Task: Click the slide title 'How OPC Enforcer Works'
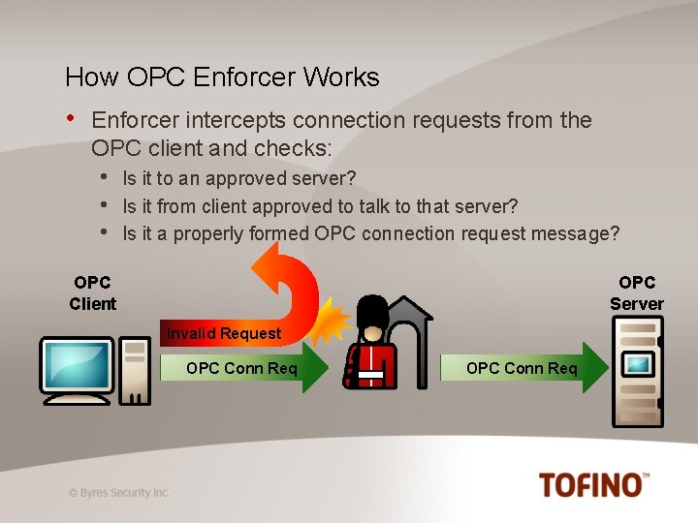point(222,77)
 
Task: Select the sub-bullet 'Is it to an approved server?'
point(238,178)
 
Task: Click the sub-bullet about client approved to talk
point(320,206)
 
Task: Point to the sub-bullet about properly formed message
point(370,233)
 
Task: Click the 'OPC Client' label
point(92,292)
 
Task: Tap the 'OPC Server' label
point(636,292)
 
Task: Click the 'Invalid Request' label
point(224,333)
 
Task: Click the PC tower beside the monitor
point(134,368)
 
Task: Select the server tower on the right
point(637,373)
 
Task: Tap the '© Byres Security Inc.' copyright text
point(119,492)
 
